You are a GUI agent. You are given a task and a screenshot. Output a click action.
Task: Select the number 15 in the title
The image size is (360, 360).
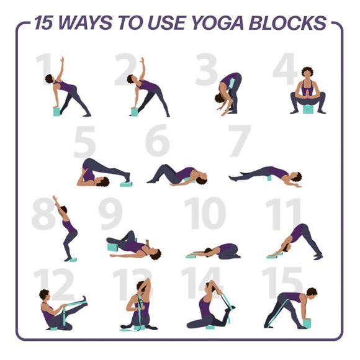(44, 24)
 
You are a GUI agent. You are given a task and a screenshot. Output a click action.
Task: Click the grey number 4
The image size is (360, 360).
(285, 70)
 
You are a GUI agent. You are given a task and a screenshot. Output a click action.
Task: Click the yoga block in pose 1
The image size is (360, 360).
(56, 112)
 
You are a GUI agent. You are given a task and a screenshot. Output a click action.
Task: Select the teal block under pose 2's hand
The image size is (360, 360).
(134, 112)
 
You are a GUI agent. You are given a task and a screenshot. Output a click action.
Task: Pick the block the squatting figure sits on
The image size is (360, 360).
(307, 110)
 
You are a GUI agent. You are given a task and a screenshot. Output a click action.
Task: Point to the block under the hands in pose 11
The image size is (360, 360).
(272, 254)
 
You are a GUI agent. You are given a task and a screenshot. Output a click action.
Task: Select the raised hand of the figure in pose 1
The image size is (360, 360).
(61, 60)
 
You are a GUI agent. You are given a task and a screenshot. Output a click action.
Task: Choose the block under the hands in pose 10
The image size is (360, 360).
(191, 254)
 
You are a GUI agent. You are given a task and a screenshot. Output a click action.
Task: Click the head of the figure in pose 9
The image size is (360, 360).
(155, 253)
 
